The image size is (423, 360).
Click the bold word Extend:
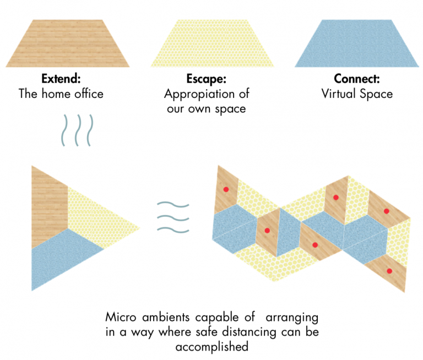click(61, 79)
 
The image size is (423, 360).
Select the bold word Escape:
click(205, 79)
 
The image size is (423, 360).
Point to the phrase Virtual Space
click(357, 94)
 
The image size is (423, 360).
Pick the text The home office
click(61, 94)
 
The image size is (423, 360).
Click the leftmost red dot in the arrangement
click(225, 189)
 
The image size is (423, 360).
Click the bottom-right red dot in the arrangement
click(389, 270)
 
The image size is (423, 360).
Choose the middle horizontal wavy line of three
click(172, 217)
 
